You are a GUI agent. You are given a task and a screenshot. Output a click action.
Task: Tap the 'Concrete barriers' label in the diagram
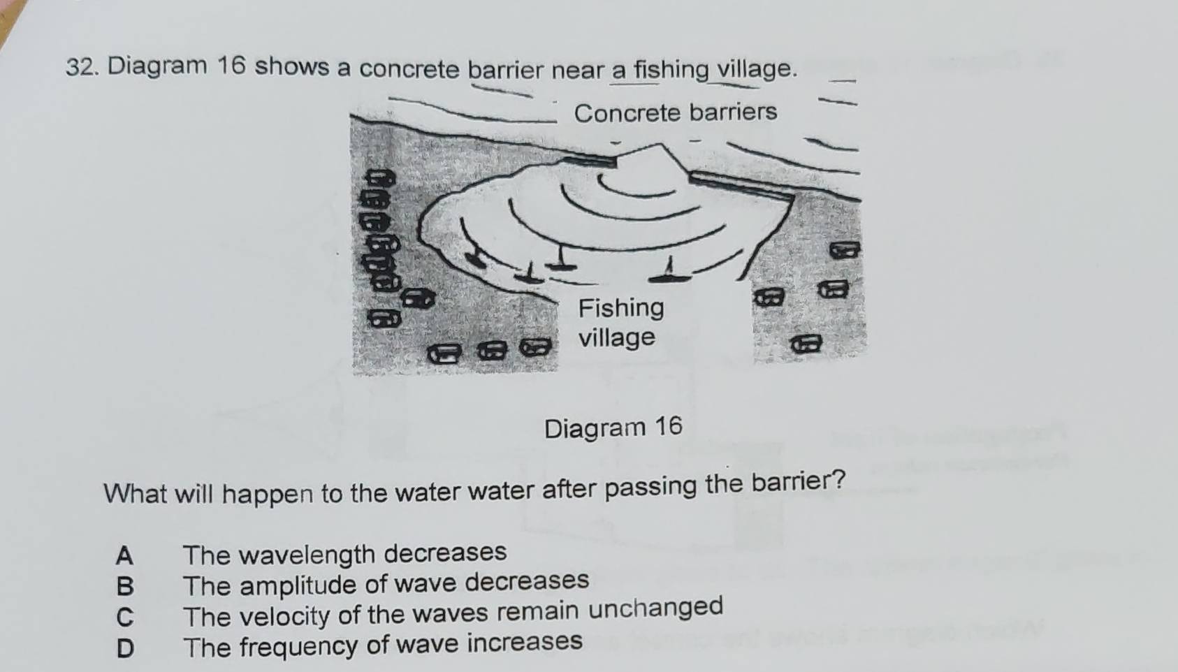[675, 112]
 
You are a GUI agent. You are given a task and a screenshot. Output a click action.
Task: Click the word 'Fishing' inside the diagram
[621, 307]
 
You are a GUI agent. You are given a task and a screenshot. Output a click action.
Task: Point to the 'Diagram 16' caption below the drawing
[613, 427]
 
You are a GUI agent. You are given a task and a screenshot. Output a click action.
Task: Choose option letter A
[124, 556]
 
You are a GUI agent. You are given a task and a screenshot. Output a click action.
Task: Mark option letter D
[124, 648]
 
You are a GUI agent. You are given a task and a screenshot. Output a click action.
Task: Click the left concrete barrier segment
[591, 161]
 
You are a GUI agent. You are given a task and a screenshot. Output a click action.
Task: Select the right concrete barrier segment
[741, 187]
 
